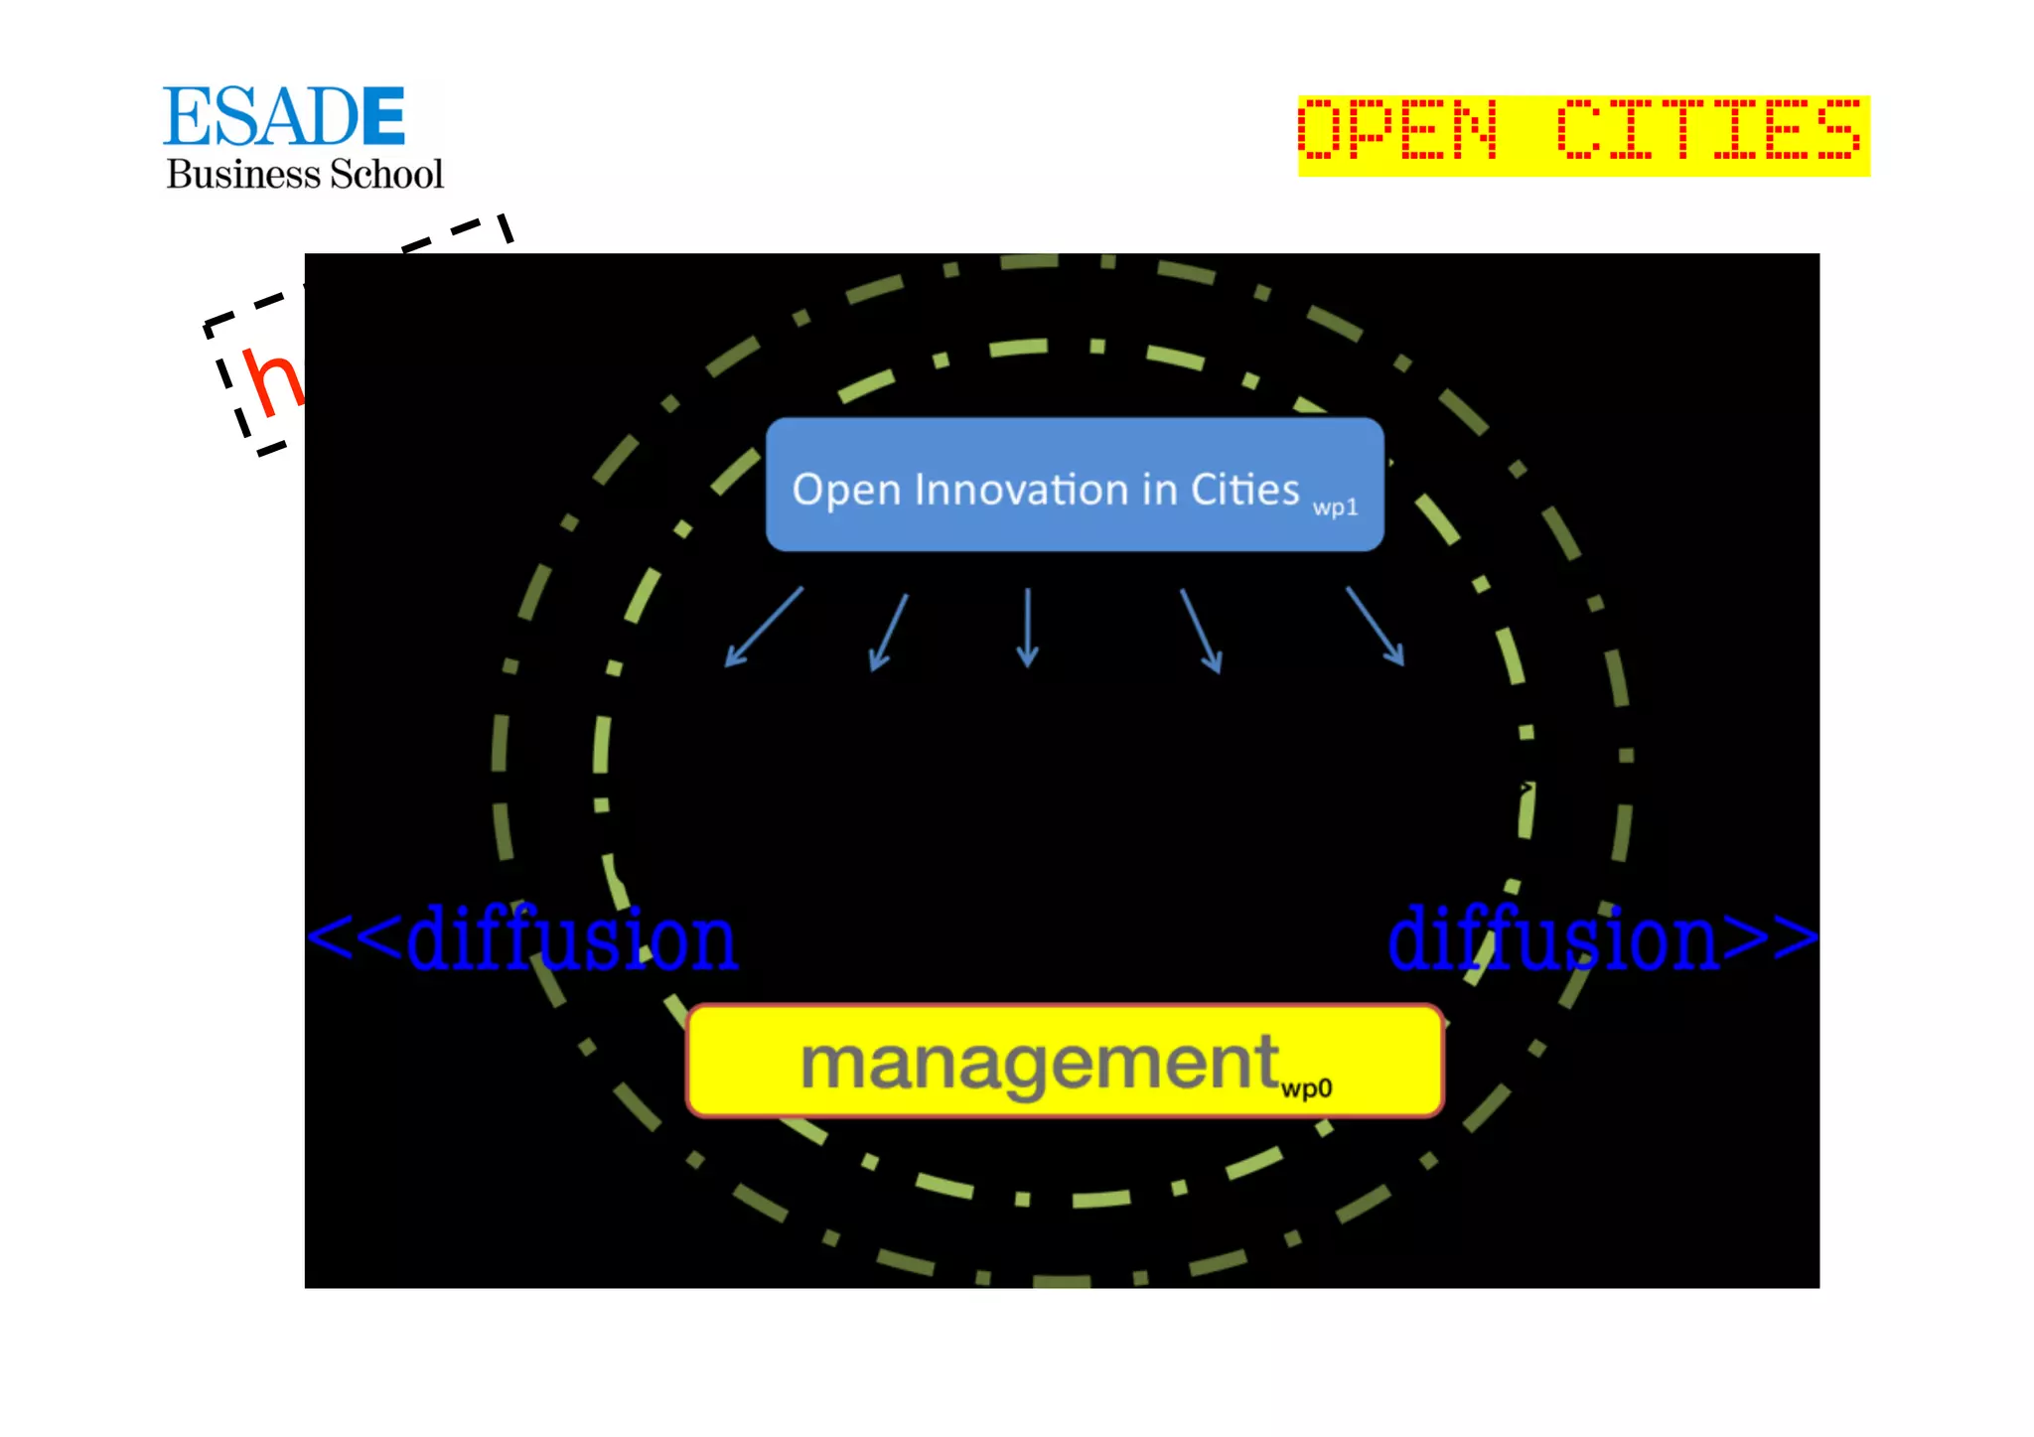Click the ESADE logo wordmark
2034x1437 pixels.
click(284, 116)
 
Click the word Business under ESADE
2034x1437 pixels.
click(243, 175)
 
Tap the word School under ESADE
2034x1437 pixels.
click(386, 175)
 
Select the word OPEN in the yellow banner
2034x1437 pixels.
click(1398, 130)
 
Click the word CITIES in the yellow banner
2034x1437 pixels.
click(1708, 130)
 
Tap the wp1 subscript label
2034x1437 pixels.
click(1335, 507)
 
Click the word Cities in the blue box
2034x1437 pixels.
click(1244, 490)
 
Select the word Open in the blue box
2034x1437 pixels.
click(846, 491)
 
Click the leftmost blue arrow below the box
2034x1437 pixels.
click(764, 627)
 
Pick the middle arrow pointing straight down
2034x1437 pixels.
click(1028, 627)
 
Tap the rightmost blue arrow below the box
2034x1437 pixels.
click(1376, 626)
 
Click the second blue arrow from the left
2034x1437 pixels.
click(889, 632)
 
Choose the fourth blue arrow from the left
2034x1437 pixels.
click(1201, 631)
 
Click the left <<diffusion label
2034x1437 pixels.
click(523, 938)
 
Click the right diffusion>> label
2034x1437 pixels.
click(1601, 938)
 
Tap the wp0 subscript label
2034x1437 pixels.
click(1306, 1088)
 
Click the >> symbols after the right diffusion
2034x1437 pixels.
click(1769, 937)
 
